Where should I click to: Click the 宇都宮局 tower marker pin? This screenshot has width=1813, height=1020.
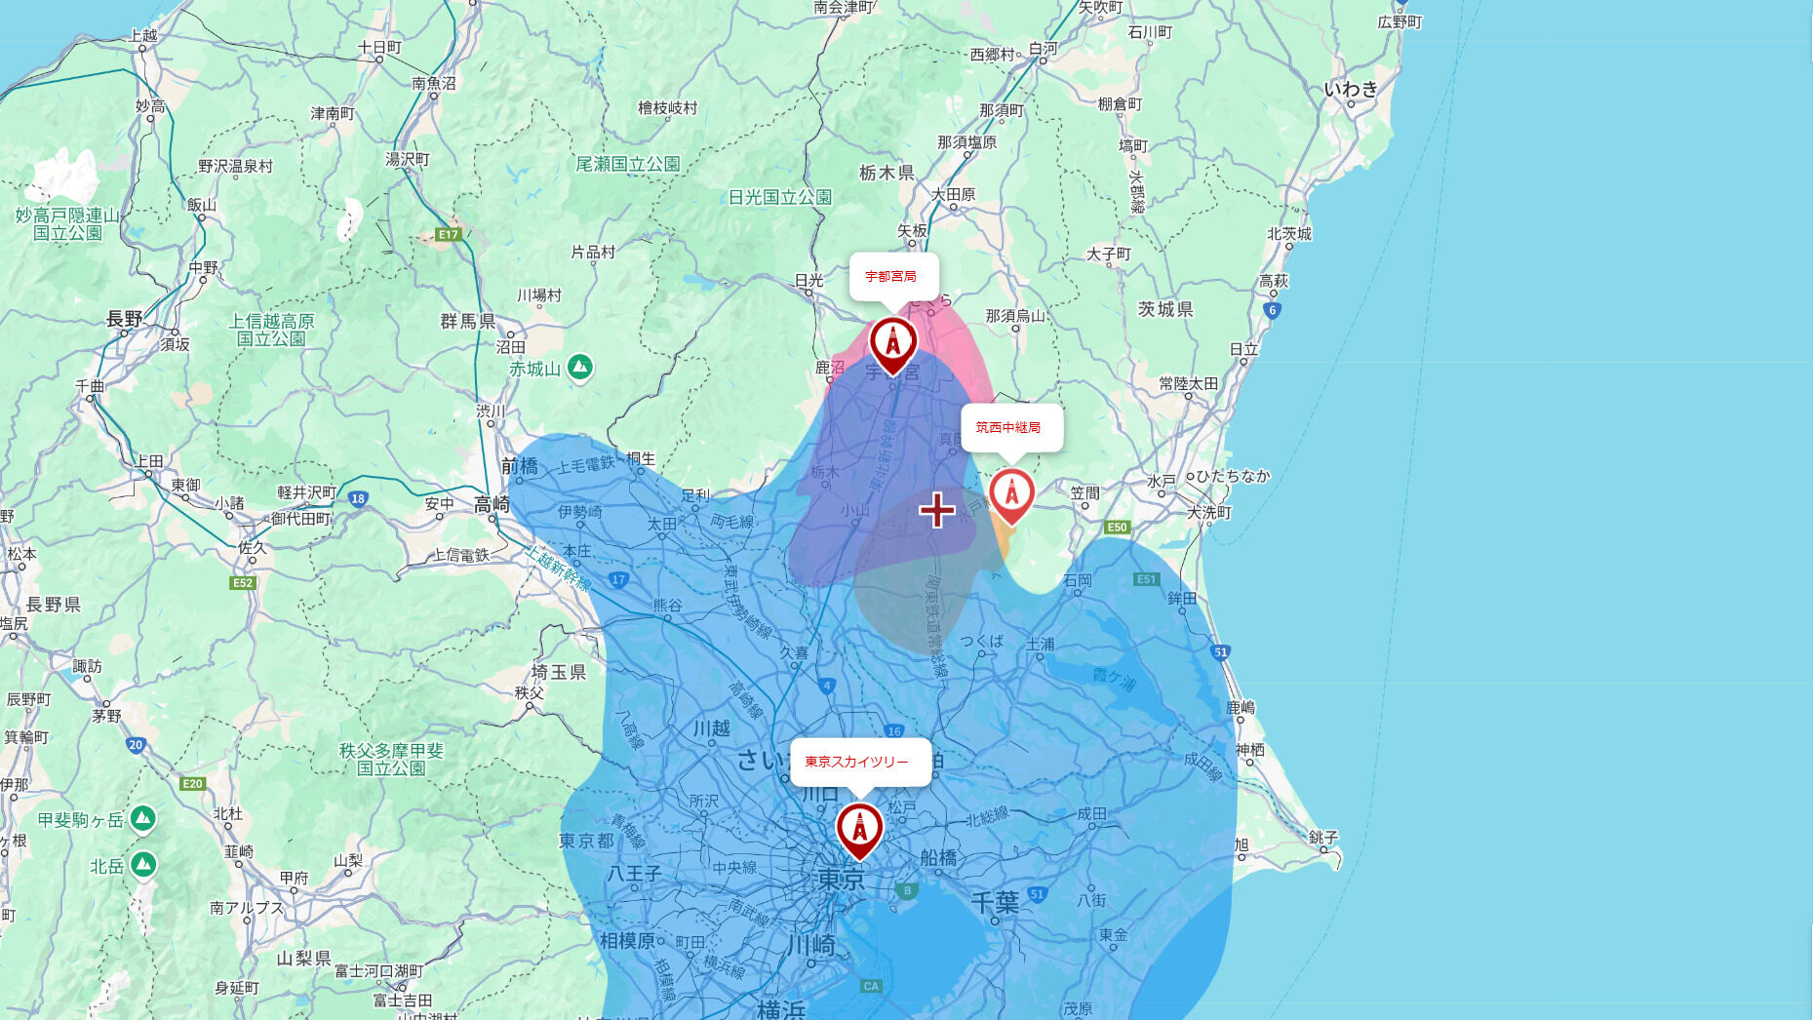892,342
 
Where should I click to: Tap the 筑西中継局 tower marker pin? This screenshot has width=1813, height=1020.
1011,493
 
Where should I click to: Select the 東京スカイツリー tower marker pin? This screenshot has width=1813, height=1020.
859,828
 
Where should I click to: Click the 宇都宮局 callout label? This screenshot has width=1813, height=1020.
892,276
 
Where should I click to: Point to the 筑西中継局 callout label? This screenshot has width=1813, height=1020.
1010,427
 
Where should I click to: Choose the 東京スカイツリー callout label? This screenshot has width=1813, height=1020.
858,762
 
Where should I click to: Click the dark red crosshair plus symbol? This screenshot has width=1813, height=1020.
937,509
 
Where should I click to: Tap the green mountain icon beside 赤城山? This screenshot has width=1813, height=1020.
580,367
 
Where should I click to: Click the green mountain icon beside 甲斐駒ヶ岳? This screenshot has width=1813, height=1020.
143,818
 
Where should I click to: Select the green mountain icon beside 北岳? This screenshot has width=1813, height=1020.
143,864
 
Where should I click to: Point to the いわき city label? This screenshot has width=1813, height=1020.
1351,90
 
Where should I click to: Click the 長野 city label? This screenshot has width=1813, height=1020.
124,319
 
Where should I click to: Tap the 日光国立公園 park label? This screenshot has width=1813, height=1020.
780,197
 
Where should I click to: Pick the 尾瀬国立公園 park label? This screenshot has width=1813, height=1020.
627,164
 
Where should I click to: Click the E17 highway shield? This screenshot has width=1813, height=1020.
448,234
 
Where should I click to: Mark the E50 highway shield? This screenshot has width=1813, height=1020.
1116,528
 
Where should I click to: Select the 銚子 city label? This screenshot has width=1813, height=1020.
1322,838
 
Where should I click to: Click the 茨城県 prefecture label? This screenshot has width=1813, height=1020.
1164,309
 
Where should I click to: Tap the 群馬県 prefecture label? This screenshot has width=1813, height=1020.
468,321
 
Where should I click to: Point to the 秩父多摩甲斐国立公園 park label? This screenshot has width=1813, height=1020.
391,759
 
